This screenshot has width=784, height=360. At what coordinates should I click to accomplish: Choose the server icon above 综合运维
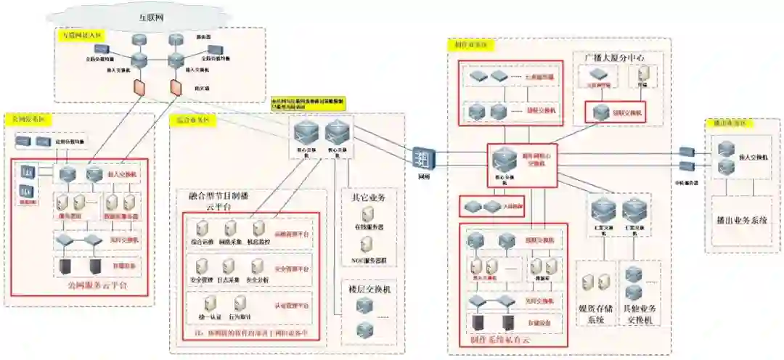tap(203, 226)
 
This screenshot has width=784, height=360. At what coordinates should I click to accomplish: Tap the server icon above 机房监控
tap(257, 226)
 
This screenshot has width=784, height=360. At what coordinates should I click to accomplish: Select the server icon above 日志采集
tap(229, 266)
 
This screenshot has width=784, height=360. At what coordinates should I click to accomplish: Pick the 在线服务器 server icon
tap(367, 214)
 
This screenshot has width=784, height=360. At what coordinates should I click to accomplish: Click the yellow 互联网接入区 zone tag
tap(81, 33)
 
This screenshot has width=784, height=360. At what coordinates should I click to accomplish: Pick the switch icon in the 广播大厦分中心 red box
tap(600, 112)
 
